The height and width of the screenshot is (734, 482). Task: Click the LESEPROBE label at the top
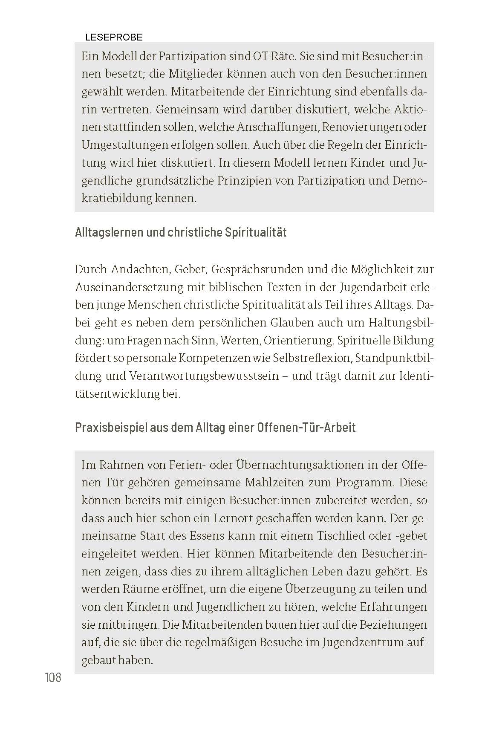tap(114, 37)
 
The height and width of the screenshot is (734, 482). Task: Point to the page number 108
tap(53, 677)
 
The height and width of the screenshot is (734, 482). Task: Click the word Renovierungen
tap(362, 127)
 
